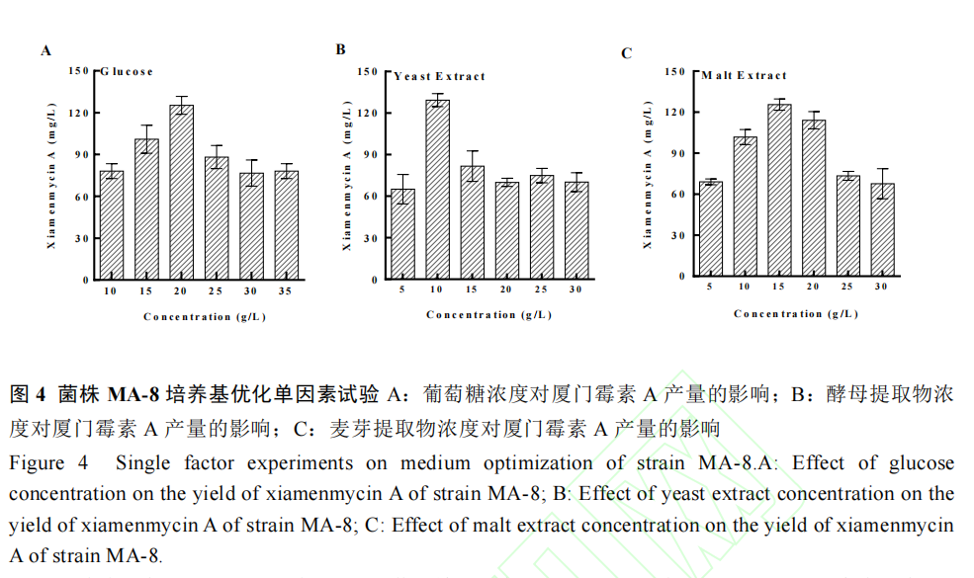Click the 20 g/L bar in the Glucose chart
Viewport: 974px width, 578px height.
(x=181, y=193)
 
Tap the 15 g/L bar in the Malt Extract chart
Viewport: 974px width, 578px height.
(x=779, y=192)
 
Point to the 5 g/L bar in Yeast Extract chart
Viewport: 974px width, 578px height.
(x=402, y=234)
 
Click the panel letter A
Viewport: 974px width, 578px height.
(x=45, y=50)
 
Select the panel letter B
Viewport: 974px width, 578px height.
(x=340, y=49)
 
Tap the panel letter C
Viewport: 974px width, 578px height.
(x=626, y=53)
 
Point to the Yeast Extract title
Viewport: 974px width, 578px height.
(x=440, y=76)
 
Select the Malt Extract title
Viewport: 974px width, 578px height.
(x=745, y=75)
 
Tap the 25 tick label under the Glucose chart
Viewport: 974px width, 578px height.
(x=217, y=293)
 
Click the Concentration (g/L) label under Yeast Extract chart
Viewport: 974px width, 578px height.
(x=488, y=315)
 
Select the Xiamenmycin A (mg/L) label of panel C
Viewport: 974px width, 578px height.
(x=649, y=174)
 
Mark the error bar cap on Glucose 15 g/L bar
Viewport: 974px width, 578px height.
(x=146, y=125)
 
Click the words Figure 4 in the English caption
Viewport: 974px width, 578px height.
(x=49, y=463)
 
